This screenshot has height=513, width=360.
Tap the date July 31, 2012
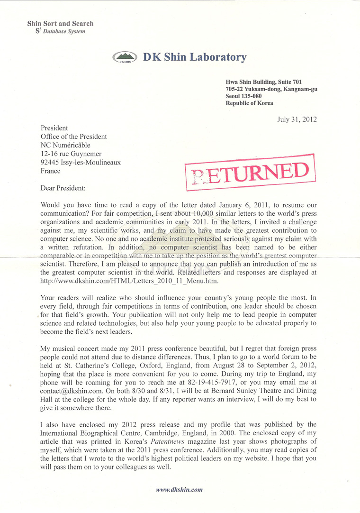coord(297,119)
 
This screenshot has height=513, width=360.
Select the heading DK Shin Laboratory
coord(195,57)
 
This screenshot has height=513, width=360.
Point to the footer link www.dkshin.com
coord(180,489)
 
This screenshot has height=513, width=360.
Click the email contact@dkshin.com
coord(69,391)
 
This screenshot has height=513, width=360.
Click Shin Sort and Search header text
coord(60,23)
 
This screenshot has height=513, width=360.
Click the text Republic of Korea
coord(249,103)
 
